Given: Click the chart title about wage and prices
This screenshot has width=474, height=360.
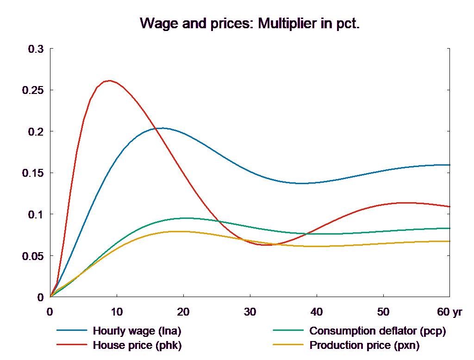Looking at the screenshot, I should [x=249, y=24].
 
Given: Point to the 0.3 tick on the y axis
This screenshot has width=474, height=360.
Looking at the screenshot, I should [x=36, y=49].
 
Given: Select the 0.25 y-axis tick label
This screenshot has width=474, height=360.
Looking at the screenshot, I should [x=33, y=90].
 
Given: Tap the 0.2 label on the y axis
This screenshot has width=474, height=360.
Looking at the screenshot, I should [x=36, y=132].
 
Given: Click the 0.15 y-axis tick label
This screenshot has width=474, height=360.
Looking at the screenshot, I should [x=33, y=173].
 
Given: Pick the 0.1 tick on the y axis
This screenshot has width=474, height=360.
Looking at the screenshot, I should [x=36, y=215].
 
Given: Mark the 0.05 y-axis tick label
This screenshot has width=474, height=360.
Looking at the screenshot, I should [x=33, y=256].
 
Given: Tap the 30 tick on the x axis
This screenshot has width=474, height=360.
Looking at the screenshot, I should [x=249, y=312].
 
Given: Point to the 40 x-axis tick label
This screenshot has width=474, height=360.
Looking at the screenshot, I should [x=316, y=312].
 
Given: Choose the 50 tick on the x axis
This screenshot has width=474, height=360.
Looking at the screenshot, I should [x=383, y=312].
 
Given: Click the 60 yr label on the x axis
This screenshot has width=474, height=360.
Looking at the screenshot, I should [x=449, y=312].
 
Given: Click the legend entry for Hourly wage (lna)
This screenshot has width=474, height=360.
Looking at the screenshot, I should [x=137, y=331].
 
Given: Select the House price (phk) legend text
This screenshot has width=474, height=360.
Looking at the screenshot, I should [x=137, y=345].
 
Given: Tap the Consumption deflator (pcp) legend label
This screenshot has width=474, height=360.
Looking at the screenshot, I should [x=377, y=331].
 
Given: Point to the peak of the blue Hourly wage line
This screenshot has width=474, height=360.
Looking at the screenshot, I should [x=162, y=128].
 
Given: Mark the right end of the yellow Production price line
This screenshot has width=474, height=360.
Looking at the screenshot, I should [x=450, y=241].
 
